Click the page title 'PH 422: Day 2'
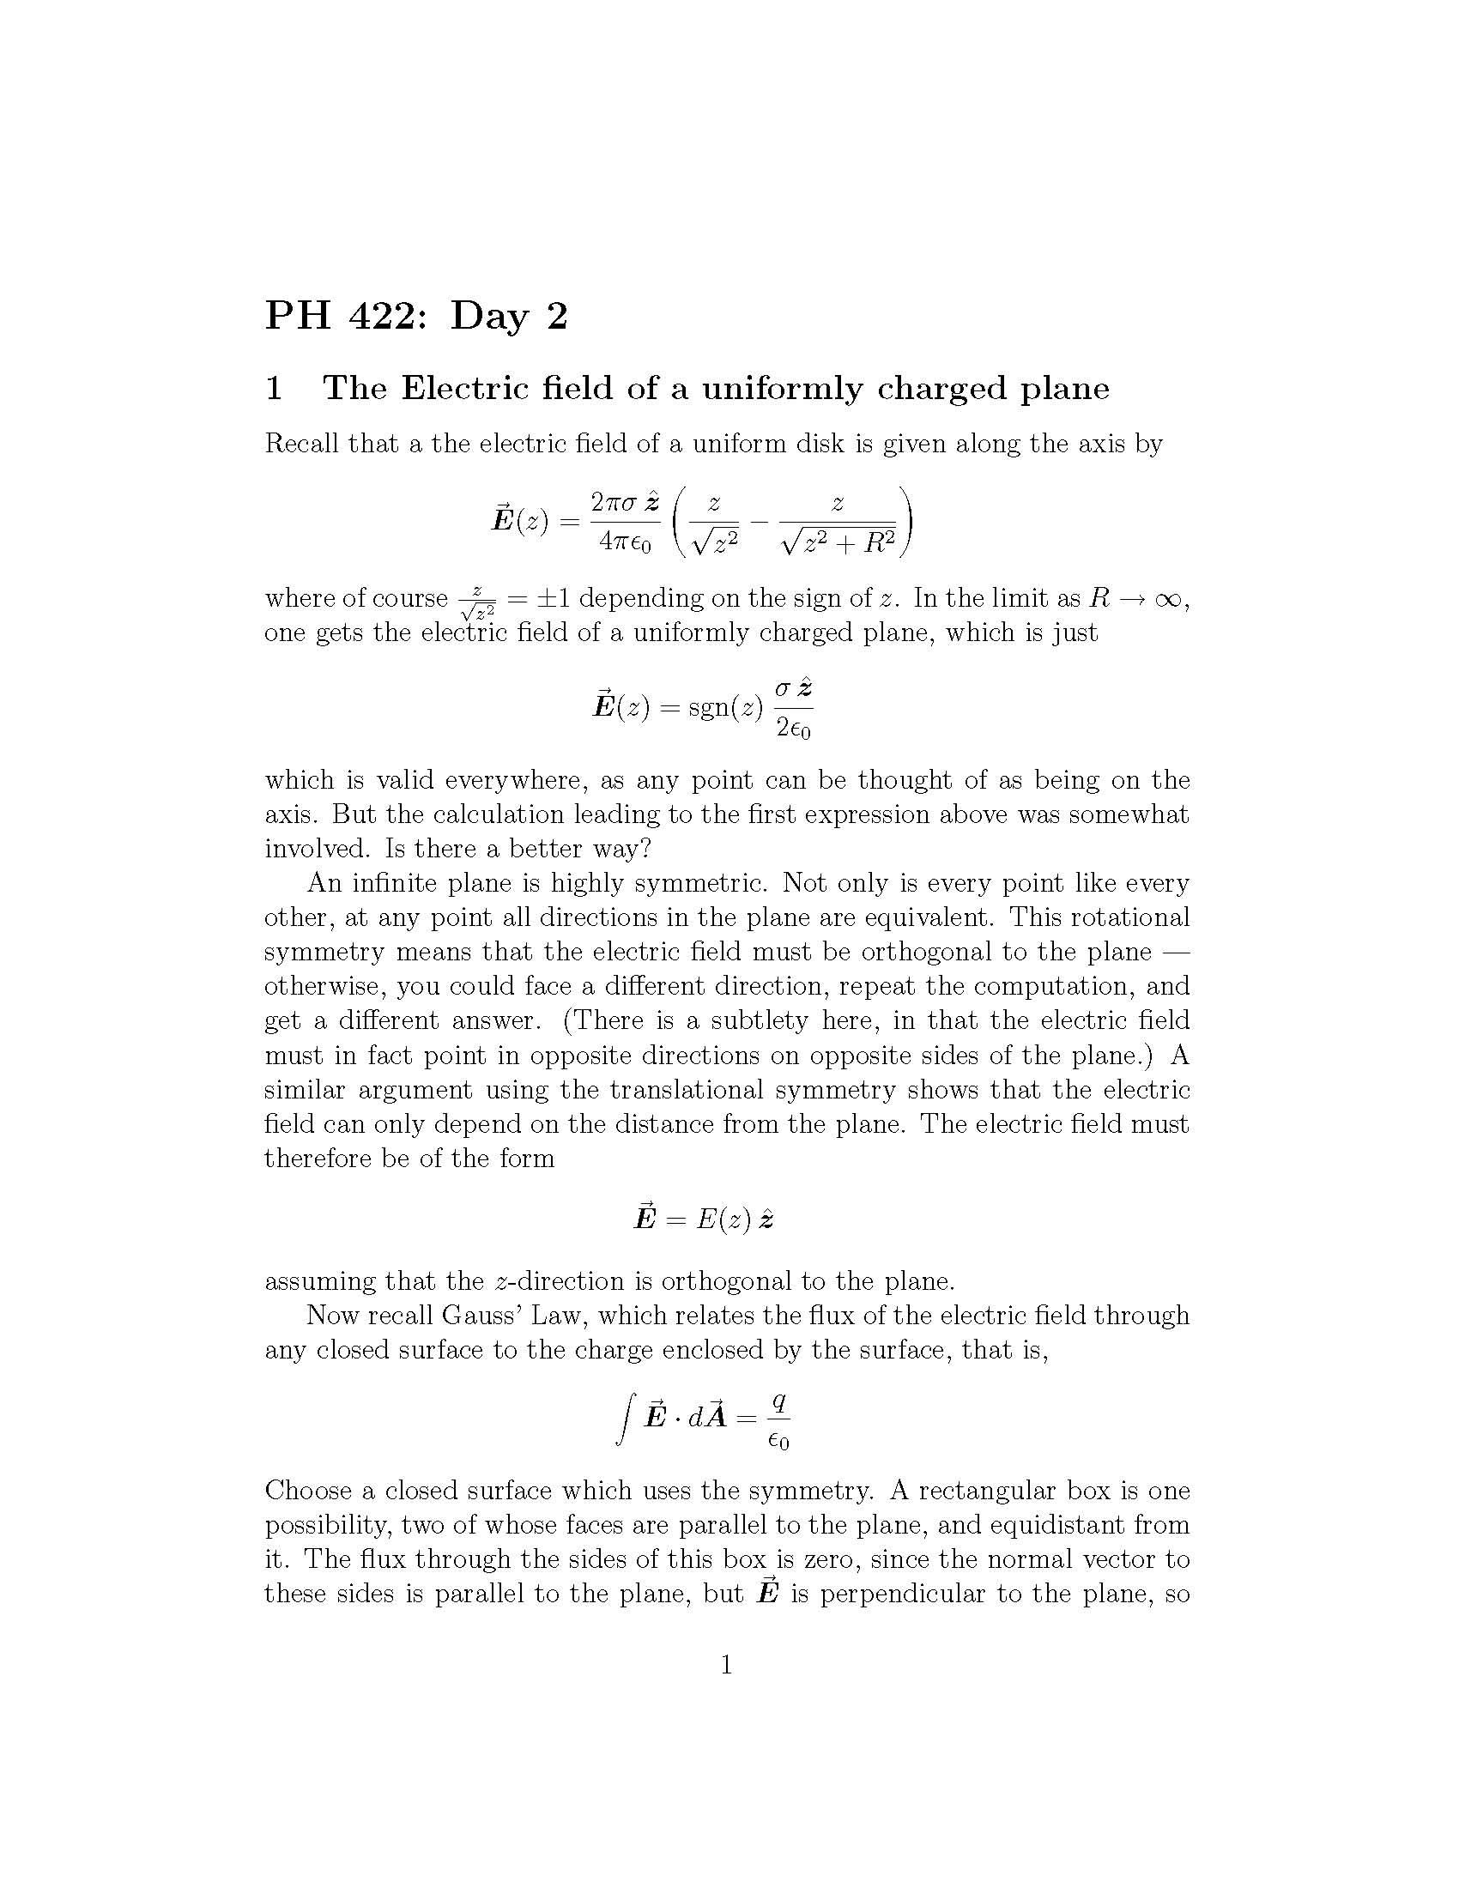[x=415, y=316]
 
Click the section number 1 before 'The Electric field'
[x=274, y=388]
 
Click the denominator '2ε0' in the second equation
[x=795, y=729]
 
